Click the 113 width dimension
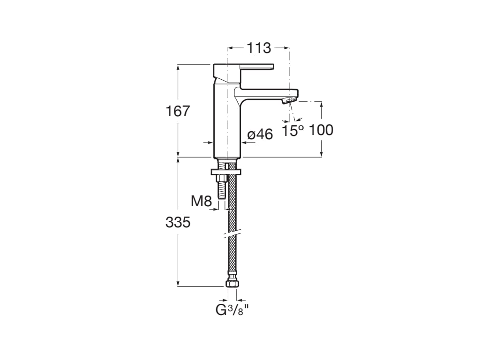click(259, 48)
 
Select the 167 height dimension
click(178, 112)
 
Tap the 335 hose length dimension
click(178, 223)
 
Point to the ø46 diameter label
click(260, 135)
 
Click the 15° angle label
click(292, 131)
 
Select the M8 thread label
click(201, 202)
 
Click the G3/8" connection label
click(231, 309)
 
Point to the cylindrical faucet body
click(227, 122)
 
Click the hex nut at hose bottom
click(232, 283)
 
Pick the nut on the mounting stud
click(220, 179)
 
